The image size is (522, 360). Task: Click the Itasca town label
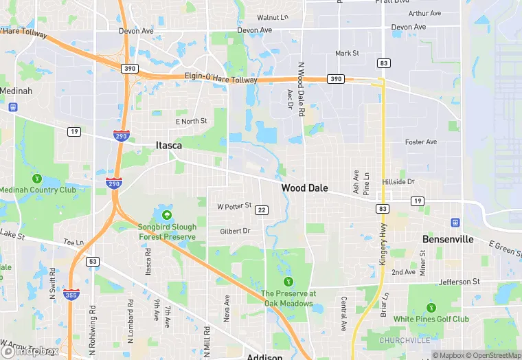[x=168, y=145]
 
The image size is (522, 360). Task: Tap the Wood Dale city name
[x=304, y=188]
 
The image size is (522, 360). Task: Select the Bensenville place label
[x=448, y=239]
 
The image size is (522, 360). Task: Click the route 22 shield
[x=261, y=210]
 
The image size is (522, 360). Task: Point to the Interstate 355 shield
[x=72, y=294]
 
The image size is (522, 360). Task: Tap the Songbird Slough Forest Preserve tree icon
[x=167, y=214]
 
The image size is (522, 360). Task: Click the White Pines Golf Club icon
[x=431, y=307]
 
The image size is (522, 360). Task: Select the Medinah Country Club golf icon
[x=36, y=178]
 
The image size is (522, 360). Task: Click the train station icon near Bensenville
[x=454, y=222]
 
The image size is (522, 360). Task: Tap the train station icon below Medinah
[x=12, y=106]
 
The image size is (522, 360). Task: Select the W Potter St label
[x=234, y=206]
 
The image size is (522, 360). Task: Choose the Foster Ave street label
[x=421, y=142]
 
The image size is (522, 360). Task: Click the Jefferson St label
[x=459, y=282]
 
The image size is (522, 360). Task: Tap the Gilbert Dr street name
[x=235, y=232]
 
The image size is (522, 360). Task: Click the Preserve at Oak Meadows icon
[x=288, y=281]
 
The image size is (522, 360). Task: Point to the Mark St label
[x=347, y=53]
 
